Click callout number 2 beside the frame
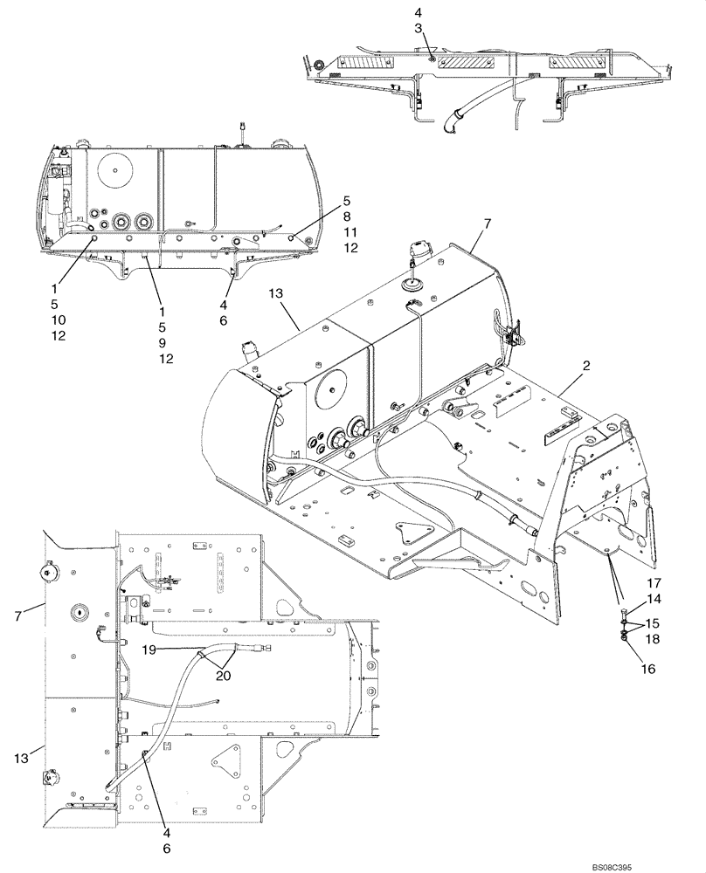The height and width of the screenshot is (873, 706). [586, 365]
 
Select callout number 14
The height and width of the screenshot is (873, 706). [654, 599]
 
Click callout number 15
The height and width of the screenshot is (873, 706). [654, 623]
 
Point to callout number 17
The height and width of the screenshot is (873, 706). [654, 582]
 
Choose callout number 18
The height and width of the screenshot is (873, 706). [654, 640]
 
